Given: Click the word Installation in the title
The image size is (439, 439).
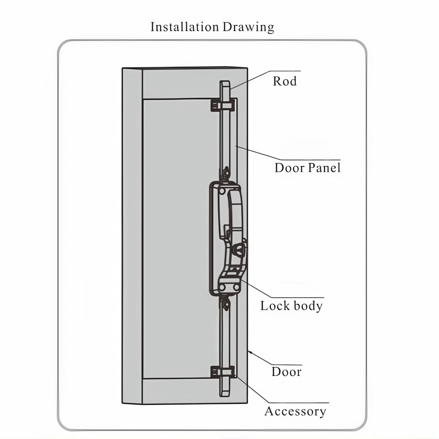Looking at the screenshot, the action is click(184, 27).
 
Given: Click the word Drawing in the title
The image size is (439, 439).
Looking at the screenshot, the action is click(248, 28).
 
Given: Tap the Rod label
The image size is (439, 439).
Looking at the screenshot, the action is click(285, 81).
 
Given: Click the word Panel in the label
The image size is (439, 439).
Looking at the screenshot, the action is click(324, 168).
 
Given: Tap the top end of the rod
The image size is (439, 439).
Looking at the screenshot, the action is click(225, 82).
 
